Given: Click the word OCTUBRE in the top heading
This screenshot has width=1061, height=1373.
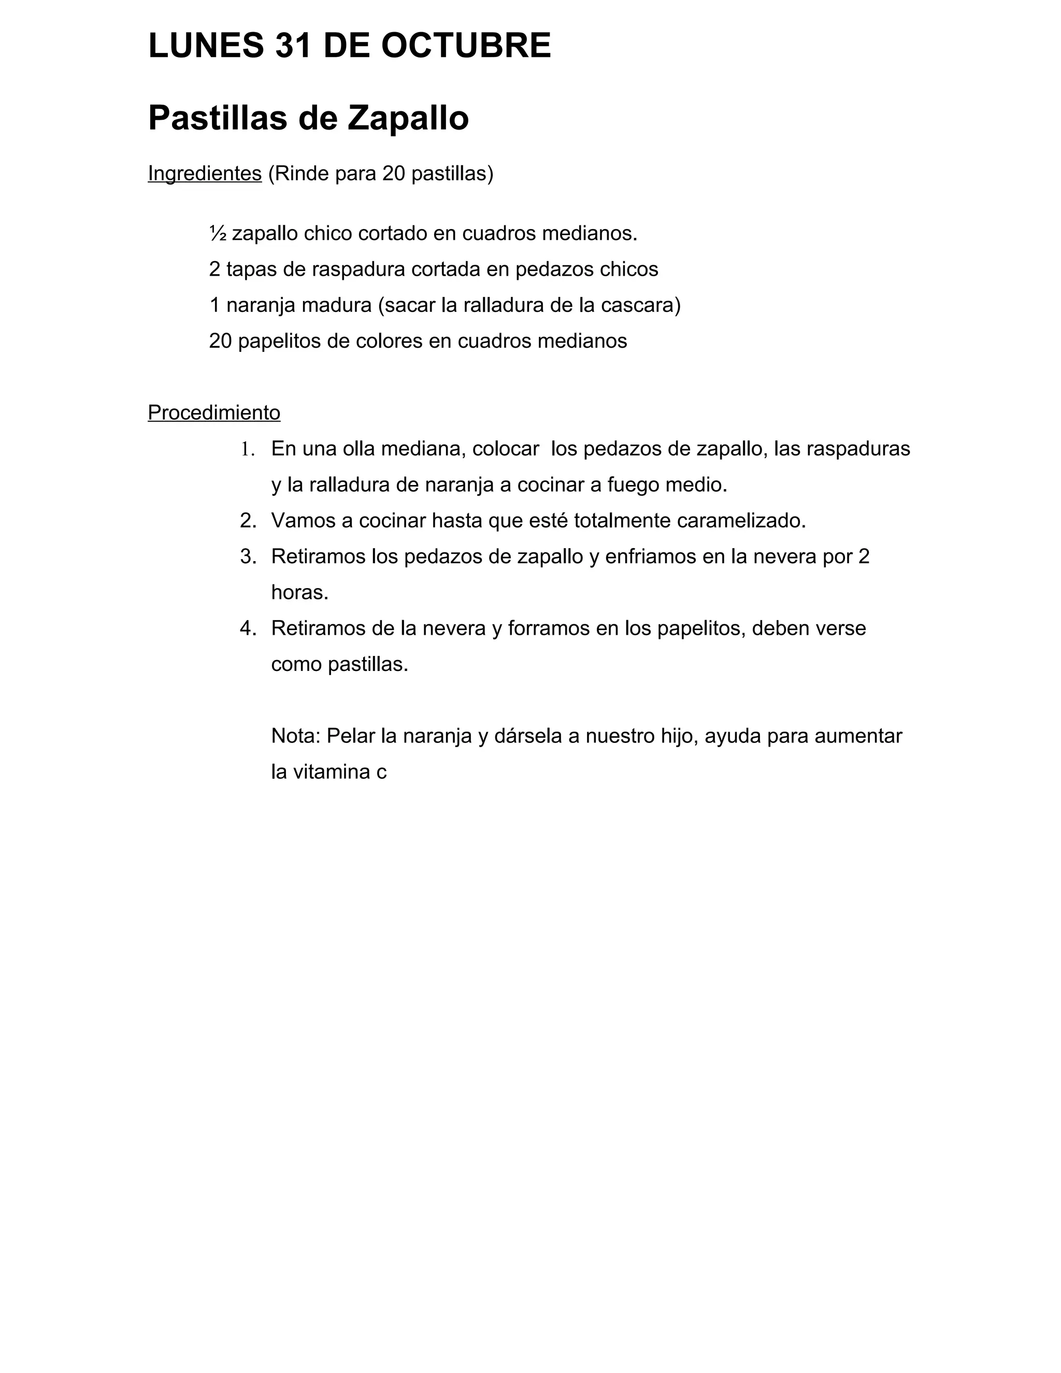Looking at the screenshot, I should [465, 46].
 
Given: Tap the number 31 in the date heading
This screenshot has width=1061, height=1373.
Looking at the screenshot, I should [293, 46].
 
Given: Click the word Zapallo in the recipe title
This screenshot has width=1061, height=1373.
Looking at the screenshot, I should [408, 118].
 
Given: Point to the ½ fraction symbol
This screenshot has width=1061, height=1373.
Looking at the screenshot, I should [218, 234].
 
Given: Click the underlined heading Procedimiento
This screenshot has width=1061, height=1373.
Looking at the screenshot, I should [214, 413].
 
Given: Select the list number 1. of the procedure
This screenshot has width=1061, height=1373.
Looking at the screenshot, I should [247, 450].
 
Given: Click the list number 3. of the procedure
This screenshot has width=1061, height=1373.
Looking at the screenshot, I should [248, 557].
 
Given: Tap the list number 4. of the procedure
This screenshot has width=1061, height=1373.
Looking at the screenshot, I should [248, 628].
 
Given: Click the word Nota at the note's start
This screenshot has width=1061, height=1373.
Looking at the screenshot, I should [295, 736].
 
